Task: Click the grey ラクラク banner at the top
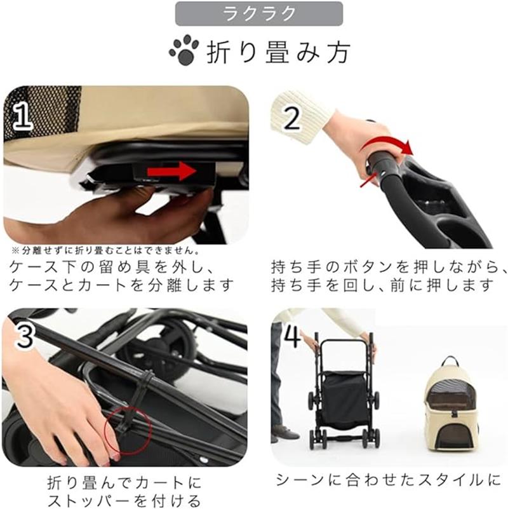[x=259, y=13]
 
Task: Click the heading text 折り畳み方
[x=279, y=52]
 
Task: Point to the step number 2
[x=291, y=118]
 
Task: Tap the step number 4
[x=292, y=336]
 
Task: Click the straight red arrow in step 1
[x=171, y=171]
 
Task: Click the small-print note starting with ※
[x=106, y=250]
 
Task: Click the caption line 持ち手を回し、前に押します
[x=382, y=285]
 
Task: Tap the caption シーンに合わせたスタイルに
[x=389, y=480]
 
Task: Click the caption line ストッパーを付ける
[x=124, y=500]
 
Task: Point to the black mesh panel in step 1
[x=42, y=110]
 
